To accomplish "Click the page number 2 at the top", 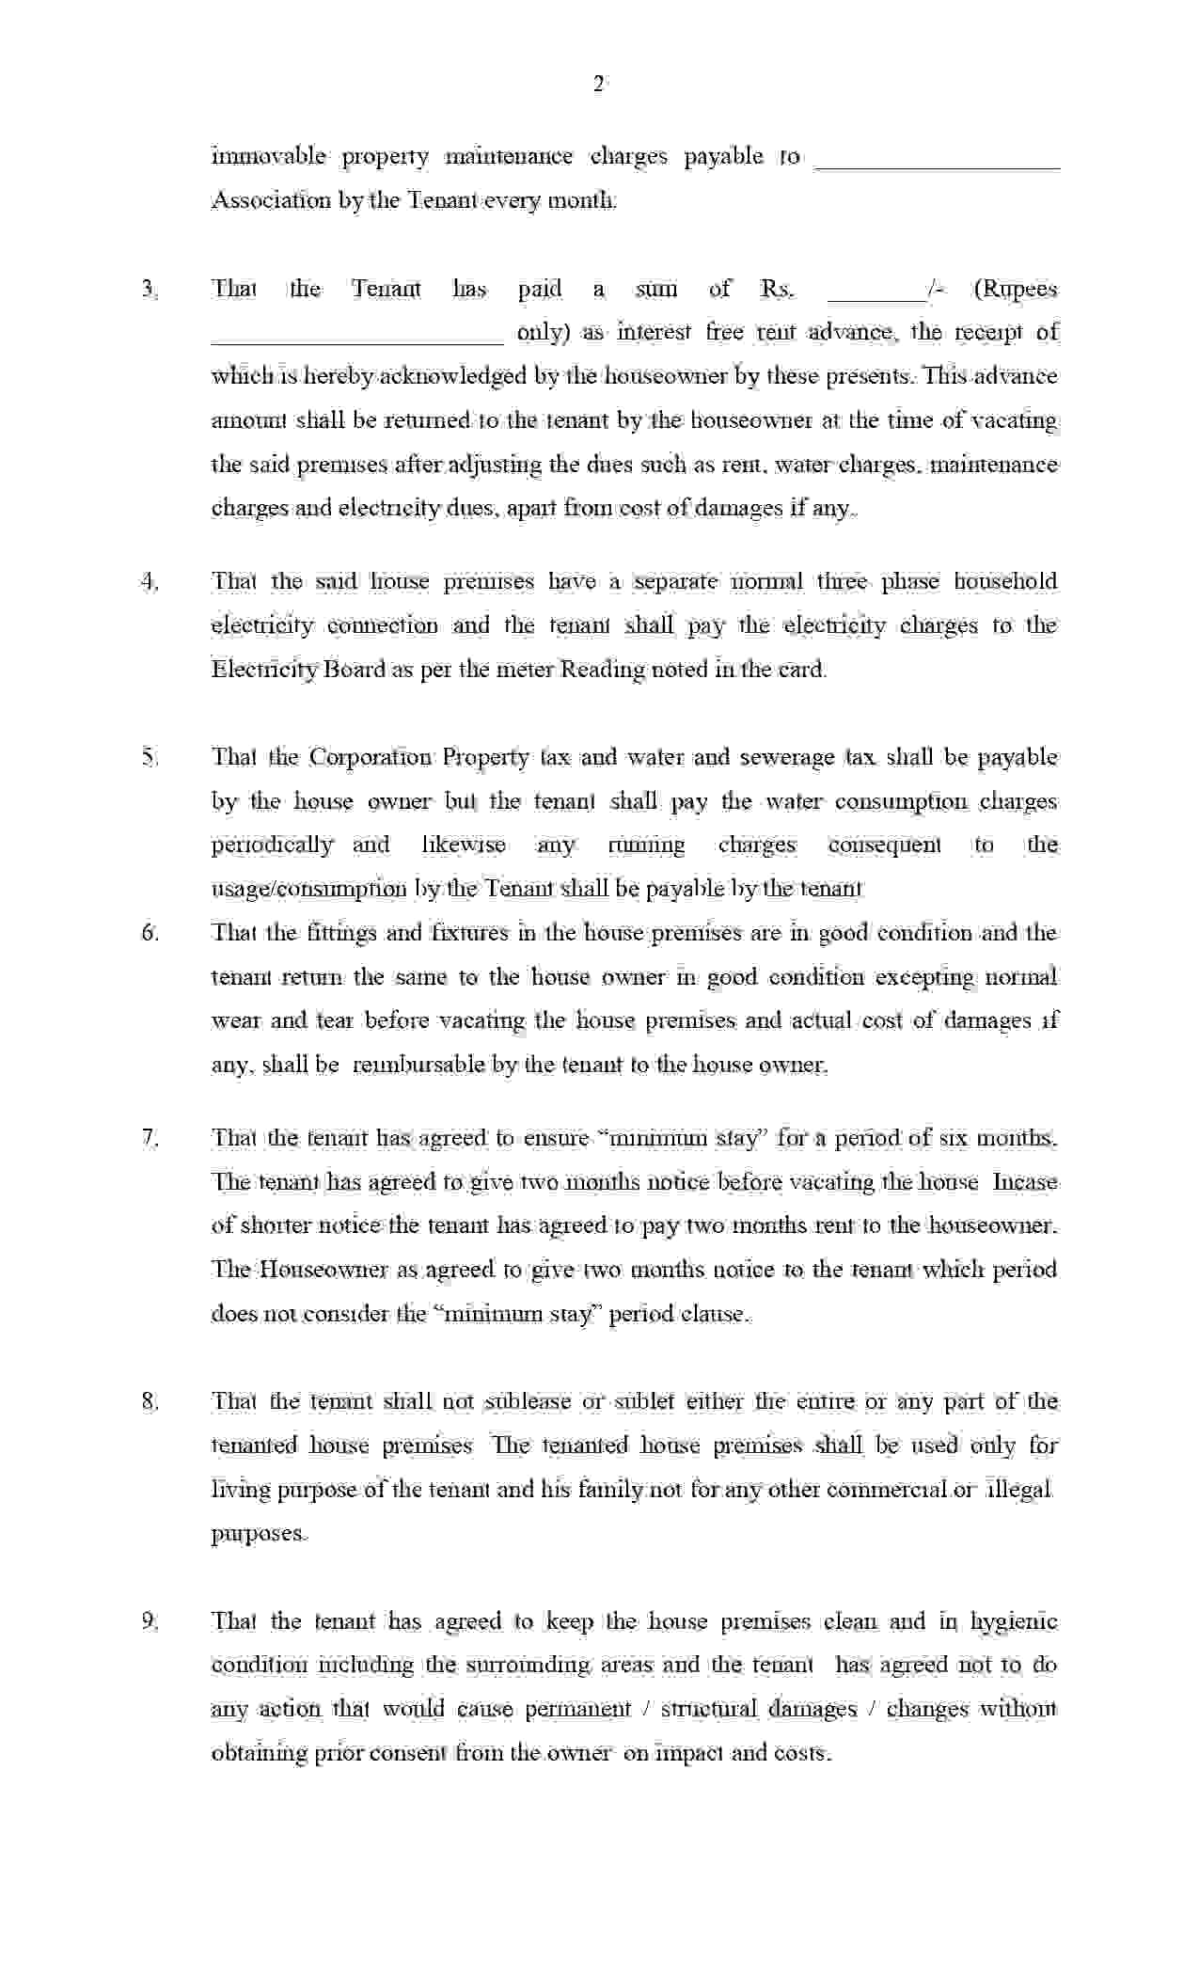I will [599, 85].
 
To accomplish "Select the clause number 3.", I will [150, 289].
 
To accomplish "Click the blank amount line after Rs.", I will [875, 296].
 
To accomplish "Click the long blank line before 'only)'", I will [357, 340].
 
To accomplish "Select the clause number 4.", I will [150, 581].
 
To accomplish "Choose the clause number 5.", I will [150, 757].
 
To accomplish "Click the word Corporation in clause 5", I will [371, 757].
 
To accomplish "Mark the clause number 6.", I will [150, 933].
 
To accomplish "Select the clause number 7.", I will [150, 1138].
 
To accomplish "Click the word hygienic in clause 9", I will [1014, 1622].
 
